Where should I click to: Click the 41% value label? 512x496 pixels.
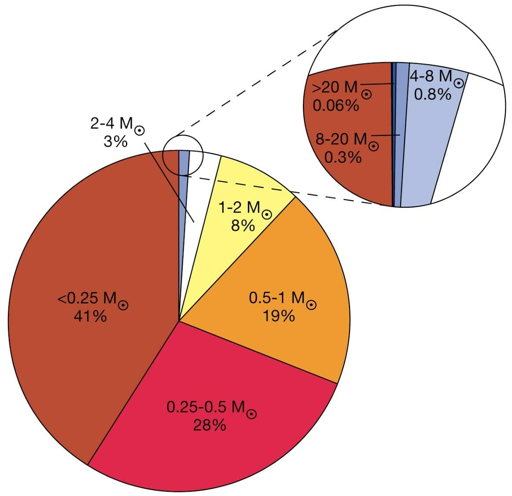coord(90,316)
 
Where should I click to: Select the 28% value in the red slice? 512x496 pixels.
coord(210,425)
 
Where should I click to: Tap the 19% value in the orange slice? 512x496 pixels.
coord(279,316)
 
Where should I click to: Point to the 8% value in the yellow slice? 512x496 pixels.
coord(243,226)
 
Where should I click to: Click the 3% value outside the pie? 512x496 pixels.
coord(115,141)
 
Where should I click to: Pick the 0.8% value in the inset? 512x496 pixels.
coord(433,94)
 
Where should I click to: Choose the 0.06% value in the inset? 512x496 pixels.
coord(335,106)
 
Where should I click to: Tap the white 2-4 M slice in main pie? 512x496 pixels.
coord(201,185)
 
